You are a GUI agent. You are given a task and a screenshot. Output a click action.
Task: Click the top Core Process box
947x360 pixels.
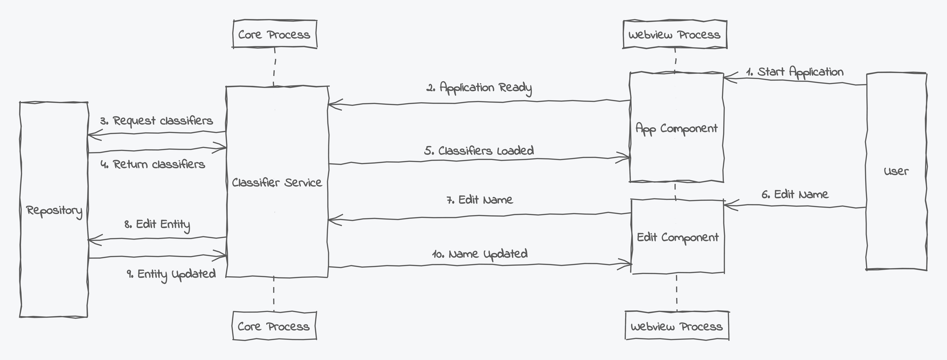coord(275,34)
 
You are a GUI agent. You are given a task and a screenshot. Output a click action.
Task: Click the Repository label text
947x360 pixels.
coord(54,211)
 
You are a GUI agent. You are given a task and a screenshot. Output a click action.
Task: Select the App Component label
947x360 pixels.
coord(676,128)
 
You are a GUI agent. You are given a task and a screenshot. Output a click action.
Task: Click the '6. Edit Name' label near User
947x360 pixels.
coord(795,194)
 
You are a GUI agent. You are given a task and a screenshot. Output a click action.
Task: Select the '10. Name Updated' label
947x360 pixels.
coord(480,254)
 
